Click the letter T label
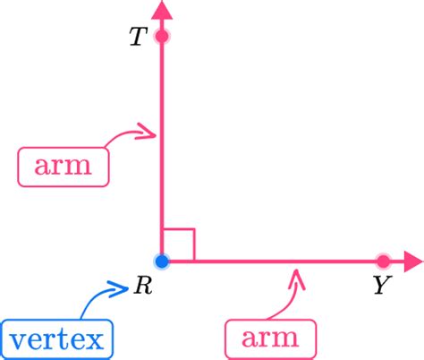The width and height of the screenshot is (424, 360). [137, 39]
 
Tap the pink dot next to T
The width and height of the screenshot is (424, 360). [162, 37]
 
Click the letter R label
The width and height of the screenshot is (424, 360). [142, 287]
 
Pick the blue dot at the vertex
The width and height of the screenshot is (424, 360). [162, 261]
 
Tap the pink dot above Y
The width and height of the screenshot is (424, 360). [383, 261]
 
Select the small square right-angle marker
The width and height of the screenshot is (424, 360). [179, 245]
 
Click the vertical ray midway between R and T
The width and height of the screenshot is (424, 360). [162, 149]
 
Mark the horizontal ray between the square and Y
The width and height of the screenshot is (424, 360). [286, 261]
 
